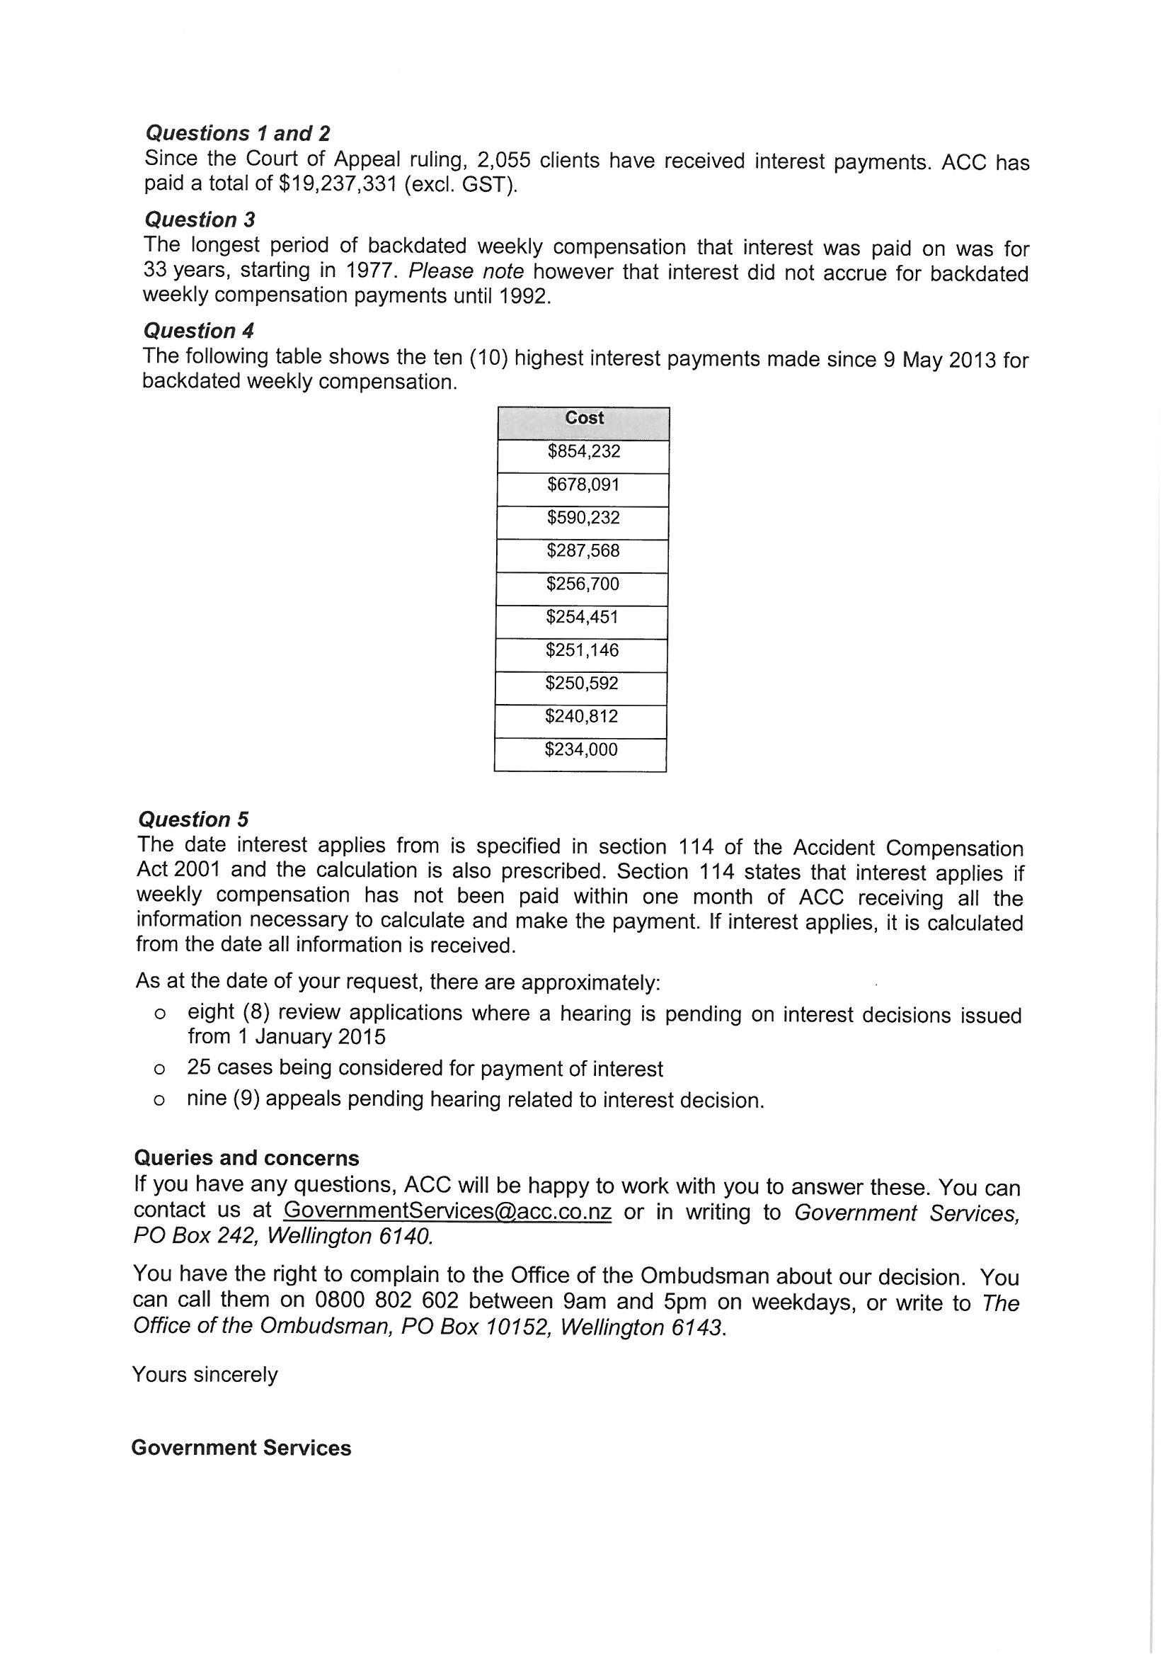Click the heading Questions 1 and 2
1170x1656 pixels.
[237, 133]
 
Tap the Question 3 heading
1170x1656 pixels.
[200, 220]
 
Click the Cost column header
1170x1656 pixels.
[584, 419]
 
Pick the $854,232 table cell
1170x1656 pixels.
[584, 451]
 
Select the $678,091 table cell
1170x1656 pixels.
[583, 484]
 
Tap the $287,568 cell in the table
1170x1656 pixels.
[583, 551]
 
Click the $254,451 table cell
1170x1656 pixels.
[583, 618]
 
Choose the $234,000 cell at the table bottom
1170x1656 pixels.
[581, 750]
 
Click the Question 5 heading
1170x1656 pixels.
[193, 820]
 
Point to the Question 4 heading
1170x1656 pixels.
[198, 331]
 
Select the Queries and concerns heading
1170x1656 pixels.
[246, 1158]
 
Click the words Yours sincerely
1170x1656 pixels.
[205, 1375]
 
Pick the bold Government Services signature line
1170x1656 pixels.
[241, 1448]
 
